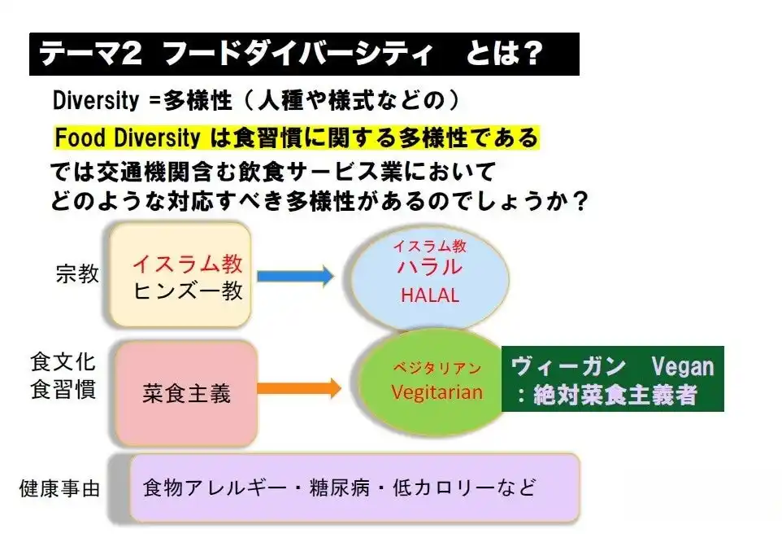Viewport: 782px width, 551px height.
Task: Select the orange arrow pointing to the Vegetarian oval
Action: (x=302, y=388)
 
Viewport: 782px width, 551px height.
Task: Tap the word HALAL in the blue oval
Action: (x=429, y=295)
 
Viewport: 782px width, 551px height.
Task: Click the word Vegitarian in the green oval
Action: (x=437, y=391)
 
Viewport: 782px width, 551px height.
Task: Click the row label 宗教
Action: (x=78, y=273)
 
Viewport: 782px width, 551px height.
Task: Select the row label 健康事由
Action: (x=60, y=488)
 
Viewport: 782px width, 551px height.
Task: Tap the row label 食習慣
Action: (x=63, y=388)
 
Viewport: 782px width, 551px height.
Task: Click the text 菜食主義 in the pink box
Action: (x=186, y=394)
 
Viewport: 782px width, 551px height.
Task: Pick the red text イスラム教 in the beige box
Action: (x=187, y=264)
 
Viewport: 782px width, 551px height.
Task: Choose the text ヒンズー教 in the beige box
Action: (x=188, y=291)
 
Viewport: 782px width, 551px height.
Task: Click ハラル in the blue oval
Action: (x=429, y=267)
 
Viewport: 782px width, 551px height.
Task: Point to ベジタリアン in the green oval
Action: (x=437, y=368)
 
